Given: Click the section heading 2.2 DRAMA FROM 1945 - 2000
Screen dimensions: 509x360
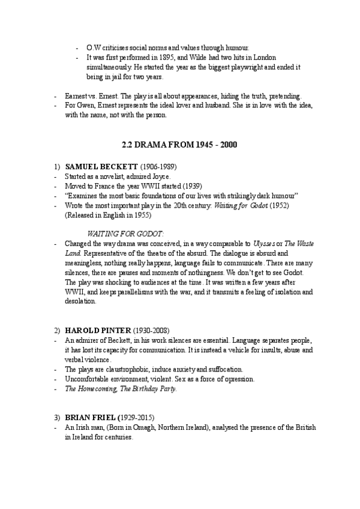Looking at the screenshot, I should click(x=179, y=146).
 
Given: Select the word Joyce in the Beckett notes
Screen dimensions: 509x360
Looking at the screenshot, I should click(x=161, y=176).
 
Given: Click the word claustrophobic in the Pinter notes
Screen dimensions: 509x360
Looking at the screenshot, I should click(x=118, y=369).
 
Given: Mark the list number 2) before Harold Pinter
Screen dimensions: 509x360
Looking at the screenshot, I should click(x=57, y=331).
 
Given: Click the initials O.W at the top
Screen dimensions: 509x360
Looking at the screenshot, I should click(x=94, y=47).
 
